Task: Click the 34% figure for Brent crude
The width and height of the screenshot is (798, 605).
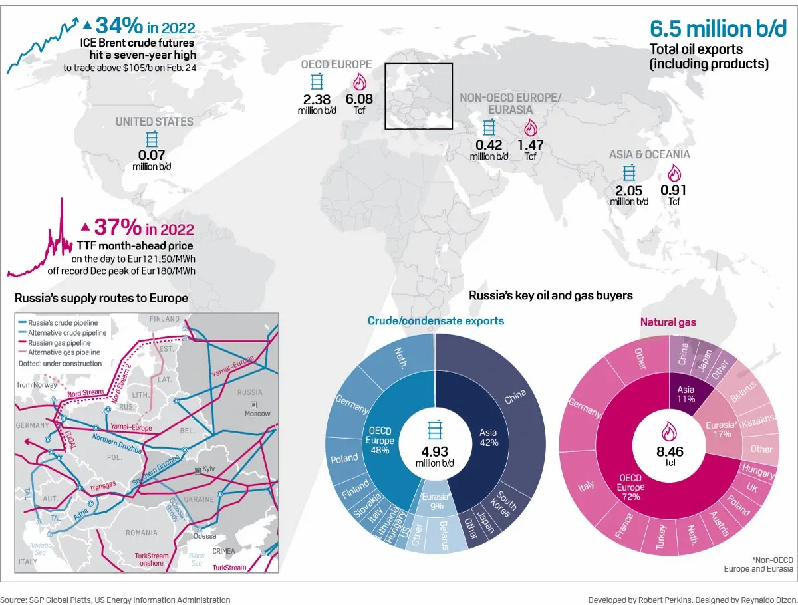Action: coord(120,26)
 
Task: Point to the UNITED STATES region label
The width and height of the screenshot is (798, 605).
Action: coord(154,122)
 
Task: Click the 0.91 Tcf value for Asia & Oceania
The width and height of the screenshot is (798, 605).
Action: coord(674,190)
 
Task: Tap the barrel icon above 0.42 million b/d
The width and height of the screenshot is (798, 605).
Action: coord(489,128)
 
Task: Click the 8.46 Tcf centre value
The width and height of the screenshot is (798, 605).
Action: coord(670,453)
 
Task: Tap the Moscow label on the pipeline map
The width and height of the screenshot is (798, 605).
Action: coord(257,414)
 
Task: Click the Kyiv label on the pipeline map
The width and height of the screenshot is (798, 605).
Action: coord(209,470)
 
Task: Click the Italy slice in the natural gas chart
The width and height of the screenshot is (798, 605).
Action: coord(587,486)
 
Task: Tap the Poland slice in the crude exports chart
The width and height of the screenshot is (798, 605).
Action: coord(344,459)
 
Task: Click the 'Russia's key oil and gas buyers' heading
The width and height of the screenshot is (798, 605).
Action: coord(551,295)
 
